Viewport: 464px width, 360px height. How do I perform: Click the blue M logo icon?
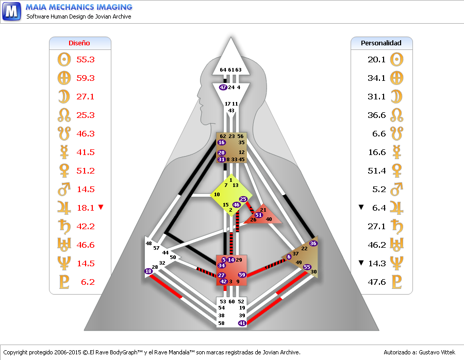[11, 11]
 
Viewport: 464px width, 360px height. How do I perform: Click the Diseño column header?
[79, 43]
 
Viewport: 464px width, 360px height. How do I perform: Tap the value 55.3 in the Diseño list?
[86, 59]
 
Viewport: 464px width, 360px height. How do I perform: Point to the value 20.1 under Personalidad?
[376, 59]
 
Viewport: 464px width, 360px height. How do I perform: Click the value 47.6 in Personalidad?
[376, 282]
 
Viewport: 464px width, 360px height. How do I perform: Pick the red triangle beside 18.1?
[101, 207]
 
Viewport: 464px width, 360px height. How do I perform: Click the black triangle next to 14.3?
[362, 263]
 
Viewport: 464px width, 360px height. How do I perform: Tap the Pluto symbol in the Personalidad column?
[396, 282]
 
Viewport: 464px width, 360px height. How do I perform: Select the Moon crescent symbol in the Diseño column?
[64, 96]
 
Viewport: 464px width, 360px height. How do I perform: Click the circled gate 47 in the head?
[223, 88]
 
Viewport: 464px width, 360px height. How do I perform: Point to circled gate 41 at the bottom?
[242, 323]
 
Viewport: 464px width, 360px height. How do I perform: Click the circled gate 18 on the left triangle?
[148, 271]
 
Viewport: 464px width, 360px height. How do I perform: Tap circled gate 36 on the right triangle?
[313, 243]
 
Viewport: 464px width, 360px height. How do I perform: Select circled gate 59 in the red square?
[242, 275]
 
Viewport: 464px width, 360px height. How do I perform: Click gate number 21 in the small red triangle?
[263, 210]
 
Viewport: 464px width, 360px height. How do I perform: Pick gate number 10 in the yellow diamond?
[217, 195]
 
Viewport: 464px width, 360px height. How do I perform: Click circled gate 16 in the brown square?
[222, 143]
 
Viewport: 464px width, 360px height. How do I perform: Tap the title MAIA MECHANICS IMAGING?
[79, 7]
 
